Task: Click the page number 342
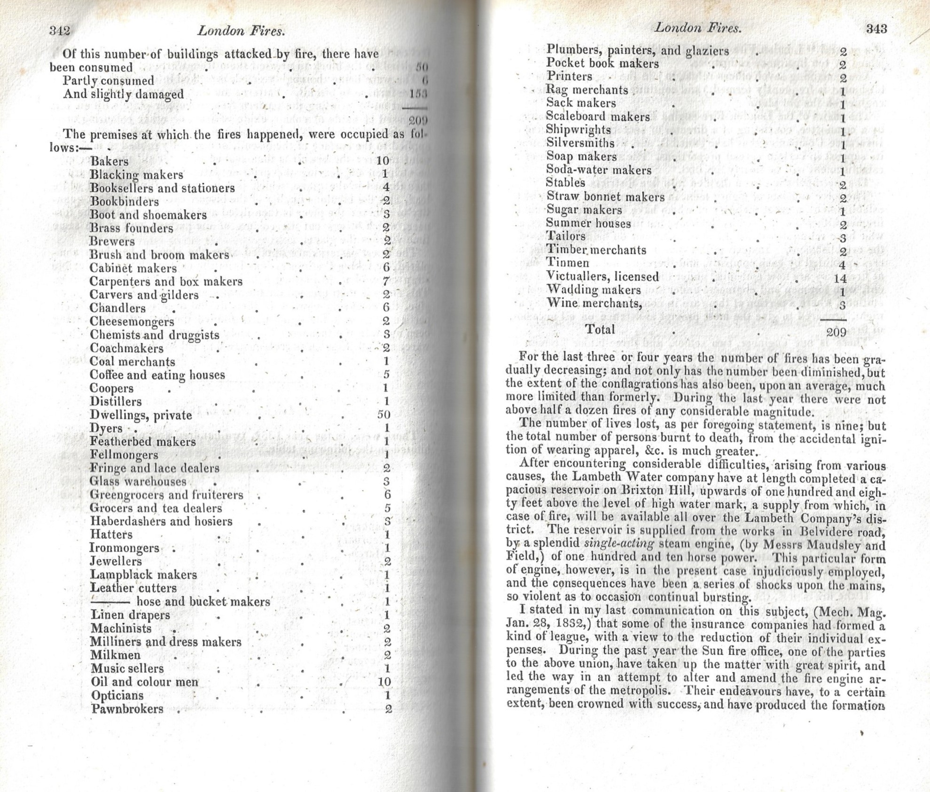(60, 31)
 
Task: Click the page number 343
(876, 29)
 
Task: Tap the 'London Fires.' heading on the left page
(241, 31)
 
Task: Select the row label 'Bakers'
(109, 161)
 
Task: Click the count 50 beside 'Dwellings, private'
(383, 415)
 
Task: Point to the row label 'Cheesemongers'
(132, 322)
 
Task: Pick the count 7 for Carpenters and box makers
(386, 282)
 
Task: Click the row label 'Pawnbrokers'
(127, 709)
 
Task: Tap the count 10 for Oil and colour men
(384, 682)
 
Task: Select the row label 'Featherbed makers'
(142, 442)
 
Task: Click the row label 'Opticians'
(117, 695)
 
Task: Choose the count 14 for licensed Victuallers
(840, 278)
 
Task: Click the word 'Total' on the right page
(600, 329)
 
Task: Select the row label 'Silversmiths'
(580, 143)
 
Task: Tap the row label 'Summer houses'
(588, 223)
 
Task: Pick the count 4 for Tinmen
(842, 265)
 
